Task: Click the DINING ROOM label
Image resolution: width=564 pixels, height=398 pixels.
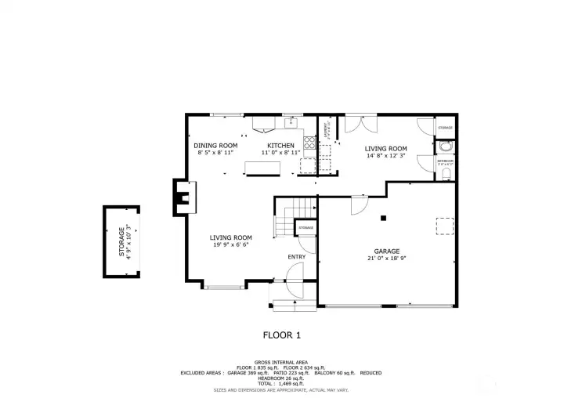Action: (x=215, y=146)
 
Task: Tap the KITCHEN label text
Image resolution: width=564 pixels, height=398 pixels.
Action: (x=280, y=146)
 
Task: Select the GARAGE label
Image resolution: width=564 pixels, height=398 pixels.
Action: (x=386, y=251)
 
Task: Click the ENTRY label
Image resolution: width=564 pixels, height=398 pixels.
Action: (x=297, y=256)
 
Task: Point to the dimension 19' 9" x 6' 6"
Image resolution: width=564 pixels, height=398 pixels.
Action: (x=230, y=245)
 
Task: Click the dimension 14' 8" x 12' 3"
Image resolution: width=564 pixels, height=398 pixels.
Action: (x=386, y=156)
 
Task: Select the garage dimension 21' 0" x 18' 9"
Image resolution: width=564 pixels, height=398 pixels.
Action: (x=386, y=259)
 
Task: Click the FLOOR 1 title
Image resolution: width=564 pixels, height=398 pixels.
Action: (x=281, y=335)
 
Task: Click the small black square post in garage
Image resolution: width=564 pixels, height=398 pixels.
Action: (x=383, y=218)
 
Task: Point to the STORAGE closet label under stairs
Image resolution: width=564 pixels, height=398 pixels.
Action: (x=305, y=228)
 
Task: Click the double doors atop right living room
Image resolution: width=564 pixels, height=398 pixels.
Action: (x=354, y=125)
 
